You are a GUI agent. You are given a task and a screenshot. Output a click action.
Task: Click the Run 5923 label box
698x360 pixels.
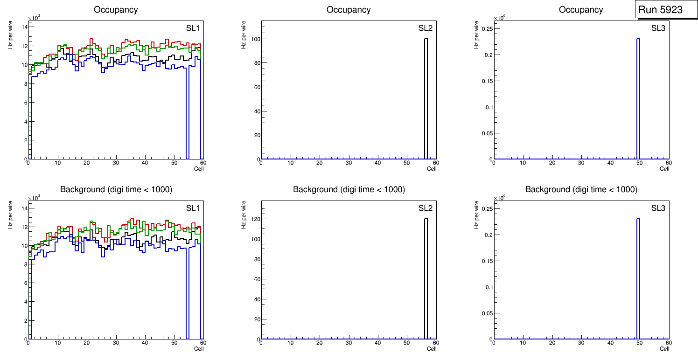coord(660,10)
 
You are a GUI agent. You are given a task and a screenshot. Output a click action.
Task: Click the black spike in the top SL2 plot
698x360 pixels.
coord(426,98)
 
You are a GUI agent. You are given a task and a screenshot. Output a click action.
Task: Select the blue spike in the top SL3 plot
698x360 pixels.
coord(638,98)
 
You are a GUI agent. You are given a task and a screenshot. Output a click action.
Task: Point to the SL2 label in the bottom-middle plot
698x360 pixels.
coord(426,208)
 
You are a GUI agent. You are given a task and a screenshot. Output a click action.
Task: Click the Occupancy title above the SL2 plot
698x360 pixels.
coord(349,10)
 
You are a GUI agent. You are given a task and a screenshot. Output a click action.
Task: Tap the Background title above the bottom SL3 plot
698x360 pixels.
coord(581,190)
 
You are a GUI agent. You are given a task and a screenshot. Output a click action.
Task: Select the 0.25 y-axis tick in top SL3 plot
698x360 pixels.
coord(483,29)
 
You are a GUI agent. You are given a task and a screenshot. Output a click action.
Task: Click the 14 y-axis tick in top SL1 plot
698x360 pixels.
coord(23,27)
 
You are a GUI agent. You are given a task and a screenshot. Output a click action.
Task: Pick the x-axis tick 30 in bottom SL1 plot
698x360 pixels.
coord(116,343)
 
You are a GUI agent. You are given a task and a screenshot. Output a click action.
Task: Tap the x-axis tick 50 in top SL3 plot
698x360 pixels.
coord(639,163)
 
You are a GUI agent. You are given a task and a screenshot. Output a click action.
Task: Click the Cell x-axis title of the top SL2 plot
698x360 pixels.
coord(432,169)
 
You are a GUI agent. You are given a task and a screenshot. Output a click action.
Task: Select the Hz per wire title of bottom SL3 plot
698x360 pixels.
coord(476,215)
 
